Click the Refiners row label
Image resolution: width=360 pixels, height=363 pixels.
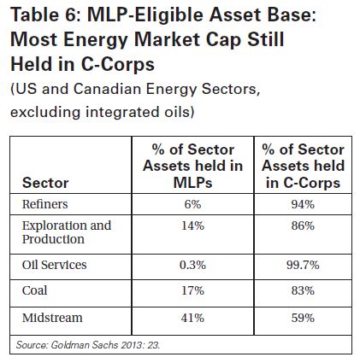click(45, 204)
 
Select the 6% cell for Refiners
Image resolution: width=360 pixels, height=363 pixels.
click(192, 204)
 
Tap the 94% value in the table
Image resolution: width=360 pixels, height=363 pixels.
click(303, 204)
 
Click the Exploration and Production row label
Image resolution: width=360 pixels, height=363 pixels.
click(67, 232)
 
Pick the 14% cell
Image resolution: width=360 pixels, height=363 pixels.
click(192, 225)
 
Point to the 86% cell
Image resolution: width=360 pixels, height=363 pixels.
click(303, 225)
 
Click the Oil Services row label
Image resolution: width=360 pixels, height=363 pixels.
click(54, 265)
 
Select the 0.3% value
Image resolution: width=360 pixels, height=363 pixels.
click(192, 265)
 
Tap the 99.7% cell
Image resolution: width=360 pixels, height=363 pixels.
click(303, 265)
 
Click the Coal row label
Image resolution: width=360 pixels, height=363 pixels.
click(34, 290)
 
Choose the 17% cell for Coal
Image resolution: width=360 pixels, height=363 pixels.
click(192, 290)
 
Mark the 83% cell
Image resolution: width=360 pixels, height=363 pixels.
click(303, 290)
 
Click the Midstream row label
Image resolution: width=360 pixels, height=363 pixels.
click(52, 318)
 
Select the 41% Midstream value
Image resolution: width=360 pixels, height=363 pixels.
click(192, 318)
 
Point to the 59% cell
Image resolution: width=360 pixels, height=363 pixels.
click(303, 318)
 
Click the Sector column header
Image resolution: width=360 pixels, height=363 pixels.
click(45, 183)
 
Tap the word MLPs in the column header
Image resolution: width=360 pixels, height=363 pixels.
click(192, 183)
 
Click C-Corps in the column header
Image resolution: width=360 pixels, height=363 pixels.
click(311, 183)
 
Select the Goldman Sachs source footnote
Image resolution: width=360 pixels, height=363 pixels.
click(88, 345)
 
